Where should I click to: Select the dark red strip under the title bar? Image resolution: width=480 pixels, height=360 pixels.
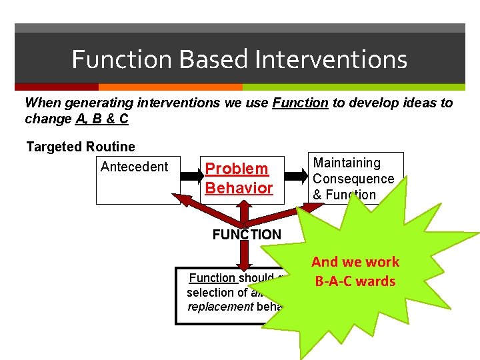[57, 87]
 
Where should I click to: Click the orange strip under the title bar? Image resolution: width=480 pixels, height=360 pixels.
[170, 87]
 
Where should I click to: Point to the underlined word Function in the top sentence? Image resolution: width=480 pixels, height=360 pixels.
[300, 103]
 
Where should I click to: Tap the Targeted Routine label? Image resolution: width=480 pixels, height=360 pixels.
[81, 147]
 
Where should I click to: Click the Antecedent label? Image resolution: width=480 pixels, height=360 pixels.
[135, 166]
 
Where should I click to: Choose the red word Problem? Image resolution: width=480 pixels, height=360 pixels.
[237, 169]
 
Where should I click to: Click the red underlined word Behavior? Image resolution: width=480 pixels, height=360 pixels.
[239, 188]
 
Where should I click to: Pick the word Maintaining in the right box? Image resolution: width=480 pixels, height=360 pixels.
[347, 163]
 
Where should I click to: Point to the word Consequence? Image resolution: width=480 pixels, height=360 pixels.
[353, 179]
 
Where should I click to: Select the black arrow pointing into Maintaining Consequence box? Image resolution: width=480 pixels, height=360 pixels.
[295, 175]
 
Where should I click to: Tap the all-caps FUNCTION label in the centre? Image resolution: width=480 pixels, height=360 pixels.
[247, 235]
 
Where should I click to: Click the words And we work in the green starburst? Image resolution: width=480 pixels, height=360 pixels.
[355, 262]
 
